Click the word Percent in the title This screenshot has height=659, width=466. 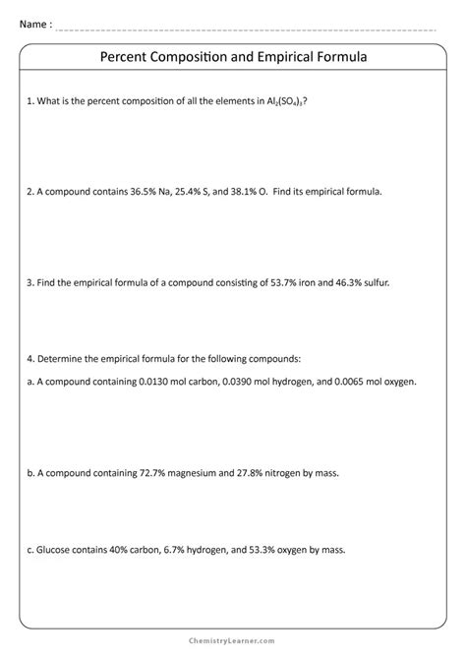click(x=128, y=58)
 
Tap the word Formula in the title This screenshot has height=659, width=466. click(x=338, y=58)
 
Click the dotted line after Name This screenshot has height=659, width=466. click(x=246, y=29)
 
